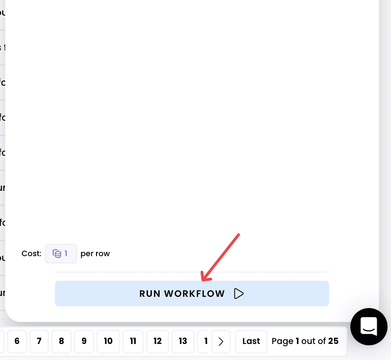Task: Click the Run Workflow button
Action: (192, 294)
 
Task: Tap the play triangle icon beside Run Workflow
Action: (239, 294)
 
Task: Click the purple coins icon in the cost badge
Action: (57, 254)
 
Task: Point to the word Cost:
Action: (32, 254)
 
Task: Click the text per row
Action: (95, 254)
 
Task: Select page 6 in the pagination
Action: (17, 341)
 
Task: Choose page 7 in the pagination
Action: (39, 341)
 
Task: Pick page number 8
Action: (61, 341)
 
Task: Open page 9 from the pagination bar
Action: (84, 341)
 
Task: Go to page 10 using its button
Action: (108, 341)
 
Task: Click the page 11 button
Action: (133, 341)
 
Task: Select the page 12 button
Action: (157, 341)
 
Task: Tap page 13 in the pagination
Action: (183, 341)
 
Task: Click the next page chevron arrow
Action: (221, 341)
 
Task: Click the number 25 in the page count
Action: (333, 341)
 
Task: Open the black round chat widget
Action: (369, 327)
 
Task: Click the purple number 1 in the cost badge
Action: (66, 254)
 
